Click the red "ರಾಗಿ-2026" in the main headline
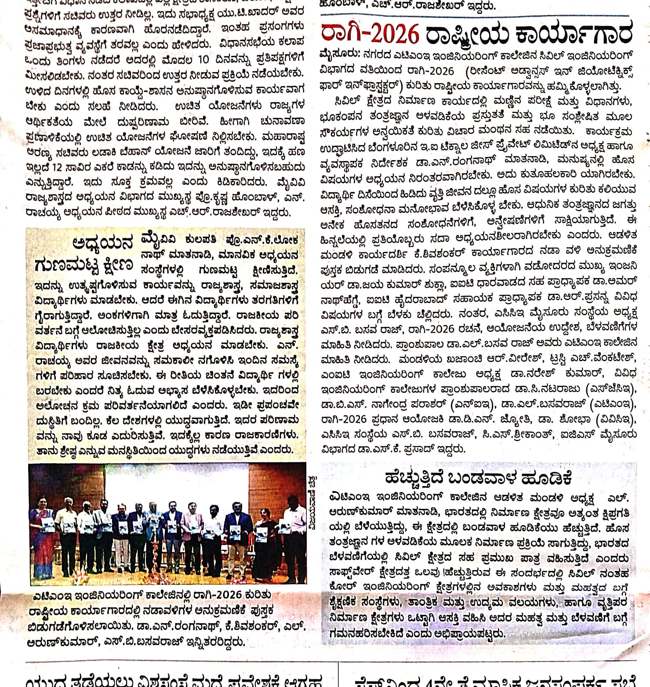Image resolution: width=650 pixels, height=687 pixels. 370,34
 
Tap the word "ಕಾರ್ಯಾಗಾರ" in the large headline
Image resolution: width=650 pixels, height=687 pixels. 574,34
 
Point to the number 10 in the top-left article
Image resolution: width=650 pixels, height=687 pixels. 203,59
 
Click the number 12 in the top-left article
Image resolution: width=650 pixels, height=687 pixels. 57,167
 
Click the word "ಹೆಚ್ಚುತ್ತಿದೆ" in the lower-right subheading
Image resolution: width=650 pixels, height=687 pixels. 414,478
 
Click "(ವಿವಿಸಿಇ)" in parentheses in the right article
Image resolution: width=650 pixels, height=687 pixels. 615,420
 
